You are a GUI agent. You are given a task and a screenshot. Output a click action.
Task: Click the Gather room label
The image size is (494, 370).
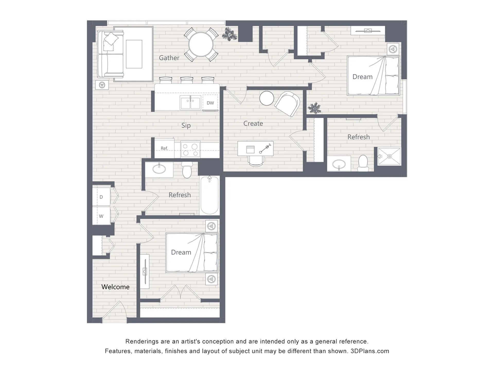click(169, 58)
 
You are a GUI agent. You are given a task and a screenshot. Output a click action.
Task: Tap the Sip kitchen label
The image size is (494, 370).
click(186, 125)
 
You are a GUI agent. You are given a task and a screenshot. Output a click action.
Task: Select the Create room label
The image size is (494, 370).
click(253, 123)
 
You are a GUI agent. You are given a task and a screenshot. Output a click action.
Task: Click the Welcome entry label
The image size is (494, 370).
click(115, 287)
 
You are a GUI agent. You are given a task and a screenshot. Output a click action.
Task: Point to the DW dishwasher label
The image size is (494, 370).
click(210, 103)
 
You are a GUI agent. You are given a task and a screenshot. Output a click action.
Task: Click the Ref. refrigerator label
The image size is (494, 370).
click(164, 148)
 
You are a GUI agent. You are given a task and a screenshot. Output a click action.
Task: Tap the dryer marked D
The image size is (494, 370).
click(101, 197)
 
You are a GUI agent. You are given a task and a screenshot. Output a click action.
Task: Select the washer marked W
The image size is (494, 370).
click(101, 216)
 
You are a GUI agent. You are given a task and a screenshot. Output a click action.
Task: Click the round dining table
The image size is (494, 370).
click(201, 44)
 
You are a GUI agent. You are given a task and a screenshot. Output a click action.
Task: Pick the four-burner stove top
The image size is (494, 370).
click(190, 149)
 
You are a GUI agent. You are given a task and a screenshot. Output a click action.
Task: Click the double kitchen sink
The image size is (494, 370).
click(190, 103)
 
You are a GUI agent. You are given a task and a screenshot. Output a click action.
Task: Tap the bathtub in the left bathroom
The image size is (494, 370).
click(209, 195)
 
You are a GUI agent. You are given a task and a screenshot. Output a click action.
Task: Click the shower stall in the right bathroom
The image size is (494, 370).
click(389, 156)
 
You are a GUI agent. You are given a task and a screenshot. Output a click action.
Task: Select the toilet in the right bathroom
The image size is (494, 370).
click(363, 163)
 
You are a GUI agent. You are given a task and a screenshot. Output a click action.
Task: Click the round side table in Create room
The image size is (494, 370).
click(267, 98)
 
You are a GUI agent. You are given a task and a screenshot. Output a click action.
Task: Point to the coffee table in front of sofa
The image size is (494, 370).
click(134, 54)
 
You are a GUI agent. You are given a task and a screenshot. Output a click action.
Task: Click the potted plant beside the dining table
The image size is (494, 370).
click(230, 34)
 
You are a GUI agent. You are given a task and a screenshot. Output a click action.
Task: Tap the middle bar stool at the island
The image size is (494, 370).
click(187, 80)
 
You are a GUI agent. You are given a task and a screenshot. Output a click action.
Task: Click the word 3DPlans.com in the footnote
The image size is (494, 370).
click(370, 351)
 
